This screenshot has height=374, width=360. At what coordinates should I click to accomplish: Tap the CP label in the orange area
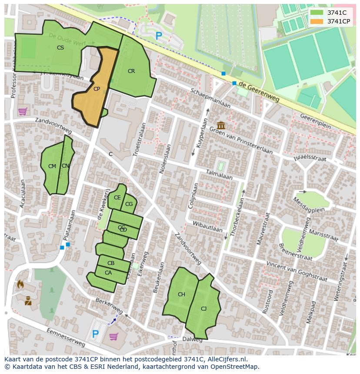point(97,89)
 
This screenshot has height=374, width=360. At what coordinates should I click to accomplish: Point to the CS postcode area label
point(60,48)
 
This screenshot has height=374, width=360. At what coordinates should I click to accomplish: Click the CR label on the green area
point(131,71)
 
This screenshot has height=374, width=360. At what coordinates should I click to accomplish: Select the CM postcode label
point(52,166)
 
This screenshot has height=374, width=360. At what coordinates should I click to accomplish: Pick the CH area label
point(181,295)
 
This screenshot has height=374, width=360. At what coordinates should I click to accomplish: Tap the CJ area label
point(203,309)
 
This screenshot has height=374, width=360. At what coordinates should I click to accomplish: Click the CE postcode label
point(117,198)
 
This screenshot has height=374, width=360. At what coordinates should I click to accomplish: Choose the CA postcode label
point(108,273)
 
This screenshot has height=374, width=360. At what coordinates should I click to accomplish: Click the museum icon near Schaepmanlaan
point(221,126)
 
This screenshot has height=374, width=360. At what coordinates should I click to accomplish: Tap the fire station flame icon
point(20,285)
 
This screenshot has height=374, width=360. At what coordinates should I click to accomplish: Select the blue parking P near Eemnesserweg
point(95,334)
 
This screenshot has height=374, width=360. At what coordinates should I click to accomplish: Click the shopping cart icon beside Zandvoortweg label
point(23,112)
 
